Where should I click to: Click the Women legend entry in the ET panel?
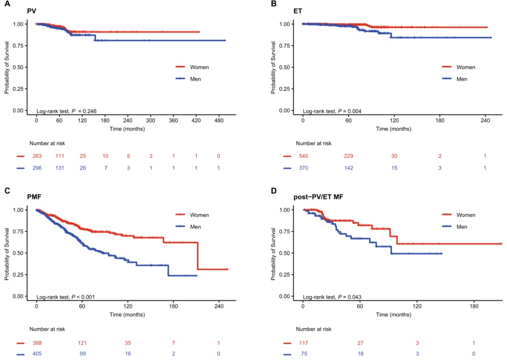click(465, 67)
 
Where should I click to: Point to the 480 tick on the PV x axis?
click(219, 120)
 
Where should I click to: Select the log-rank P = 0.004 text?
click(332, 111)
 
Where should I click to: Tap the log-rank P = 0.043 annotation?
click(332, 297)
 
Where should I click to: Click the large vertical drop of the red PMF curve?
click(198, 256)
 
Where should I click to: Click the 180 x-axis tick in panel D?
click(474, 306)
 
